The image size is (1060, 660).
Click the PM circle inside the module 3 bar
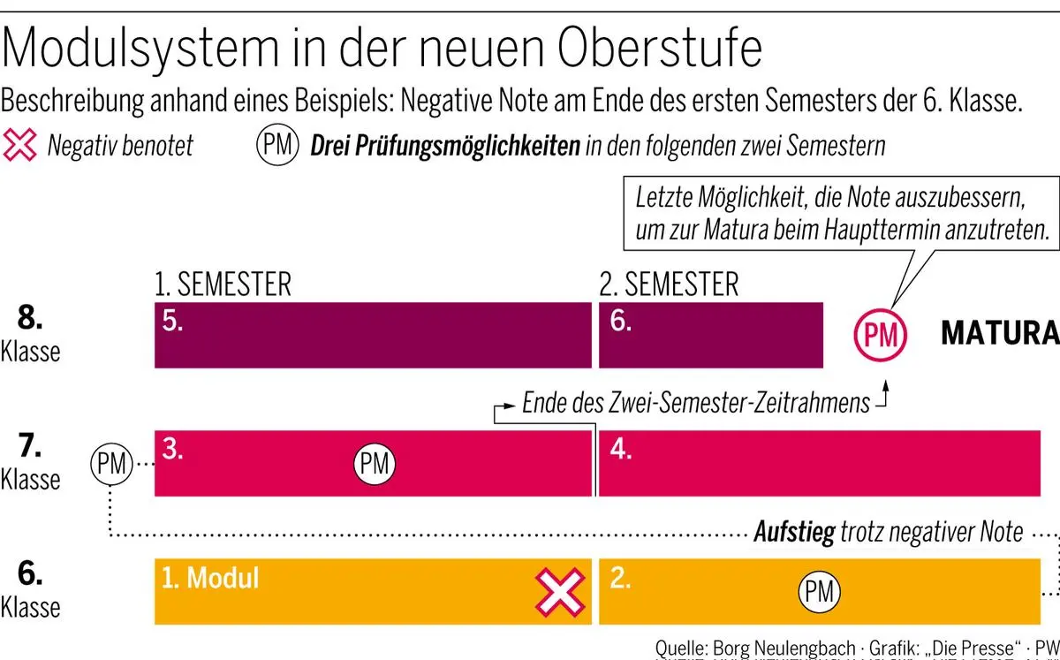coord(375,463)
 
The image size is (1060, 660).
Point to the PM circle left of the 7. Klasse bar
coord(111,461)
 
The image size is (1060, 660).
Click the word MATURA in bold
coord(999,334)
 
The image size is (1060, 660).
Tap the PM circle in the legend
coord(277,145)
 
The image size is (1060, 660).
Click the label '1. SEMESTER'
coord(223,284)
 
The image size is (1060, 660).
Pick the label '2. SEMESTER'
coord(669,284)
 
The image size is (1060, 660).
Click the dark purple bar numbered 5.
coord(372,335)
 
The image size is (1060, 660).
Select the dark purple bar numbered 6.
coord(711,335)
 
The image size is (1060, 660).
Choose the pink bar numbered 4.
coord(818,463)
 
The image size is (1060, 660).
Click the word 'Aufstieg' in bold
coord(793,533)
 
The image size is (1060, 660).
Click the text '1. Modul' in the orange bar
coord(210,578)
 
